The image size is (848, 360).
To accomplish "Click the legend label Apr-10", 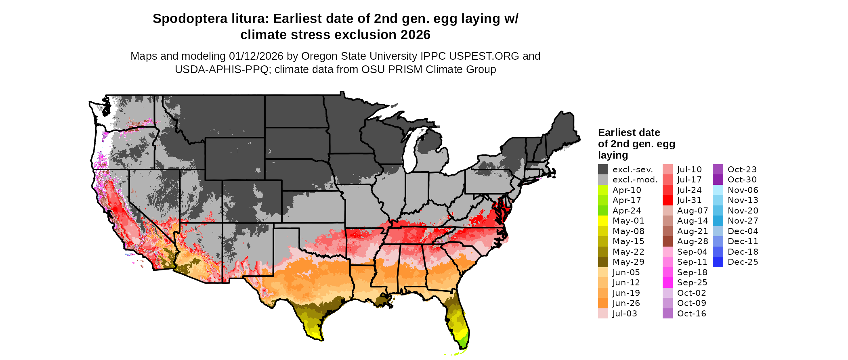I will [x=627, y=190].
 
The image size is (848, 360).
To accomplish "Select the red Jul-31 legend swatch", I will [x=667, y=200].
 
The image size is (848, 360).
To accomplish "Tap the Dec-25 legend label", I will [x=743, y=262].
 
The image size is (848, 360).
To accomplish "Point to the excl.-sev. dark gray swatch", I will [x=603, y=170].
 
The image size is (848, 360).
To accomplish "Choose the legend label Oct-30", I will [x=742, y=180].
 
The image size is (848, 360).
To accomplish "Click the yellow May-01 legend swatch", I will [x=603, y=221].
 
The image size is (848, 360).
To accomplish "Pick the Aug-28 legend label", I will [x=693, y=241].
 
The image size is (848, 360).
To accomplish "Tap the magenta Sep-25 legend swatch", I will [x=667, y=283].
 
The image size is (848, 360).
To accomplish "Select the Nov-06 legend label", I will [x=743, y=190].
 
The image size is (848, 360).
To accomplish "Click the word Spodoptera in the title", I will [x=190, y=19].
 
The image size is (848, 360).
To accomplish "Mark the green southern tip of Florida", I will [x=463, y=343].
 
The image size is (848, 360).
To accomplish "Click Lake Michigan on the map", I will [x=411, y=151].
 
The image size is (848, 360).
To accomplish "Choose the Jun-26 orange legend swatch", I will [x=603, y=303].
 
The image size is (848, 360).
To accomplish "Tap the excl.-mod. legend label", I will [x=635, y=180].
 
